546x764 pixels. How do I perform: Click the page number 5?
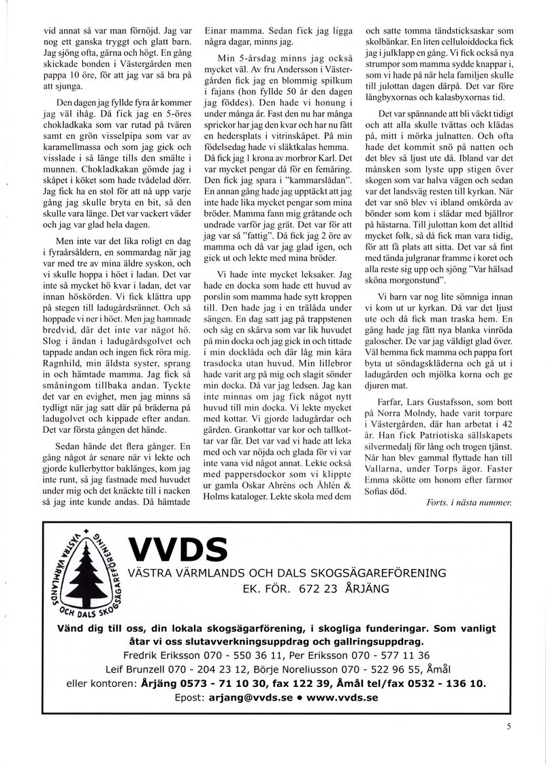tap(509, 727)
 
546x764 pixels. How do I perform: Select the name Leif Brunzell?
tap(140, 669)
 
